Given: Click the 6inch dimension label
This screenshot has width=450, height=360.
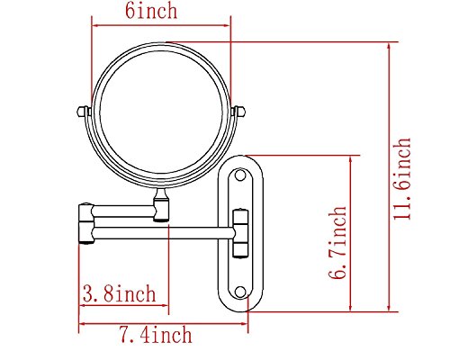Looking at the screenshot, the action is coord(151,11).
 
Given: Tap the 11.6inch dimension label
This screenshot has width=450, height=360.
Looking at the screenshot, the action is coord(402,179).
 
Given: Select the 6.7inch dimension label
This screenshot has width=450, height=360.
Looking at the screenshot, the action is coord(337,243).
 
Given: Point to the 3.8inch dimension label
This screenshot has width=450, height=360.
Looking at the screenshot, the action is coord(120,293).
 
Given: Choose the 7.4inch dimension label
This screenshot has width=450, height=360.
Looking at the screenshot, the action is coord(156,334).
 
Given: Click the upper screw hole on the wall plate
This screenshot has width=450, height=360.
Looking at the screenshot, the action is coord(240,175).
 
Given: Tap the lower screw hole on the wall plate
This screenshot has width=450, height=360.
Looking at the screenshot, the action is coord(240,292).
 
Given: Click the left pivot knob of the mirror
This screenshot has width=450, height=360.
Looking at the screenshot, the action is coord(83,112).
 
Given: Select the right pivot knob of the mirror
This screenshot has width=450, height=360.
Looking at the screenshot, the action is coord(239,112).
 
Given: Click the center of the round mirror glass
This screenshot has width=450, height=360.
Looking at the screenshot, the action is coord(161,112).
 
